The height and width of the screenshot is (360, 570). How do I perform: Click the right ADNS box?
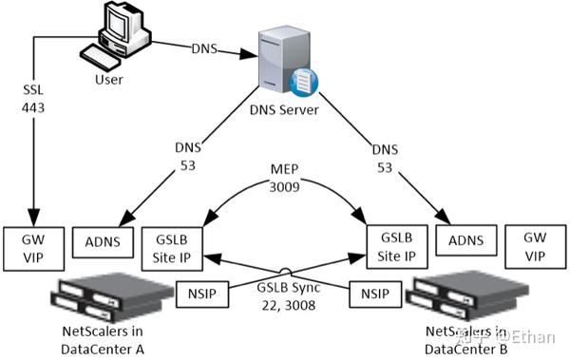(463, 242)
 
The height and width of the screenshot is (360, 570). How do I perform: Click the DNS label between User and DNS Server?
(205, 47)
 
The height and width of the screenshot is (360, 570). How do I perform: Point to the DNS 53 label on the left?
(185, 156)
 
